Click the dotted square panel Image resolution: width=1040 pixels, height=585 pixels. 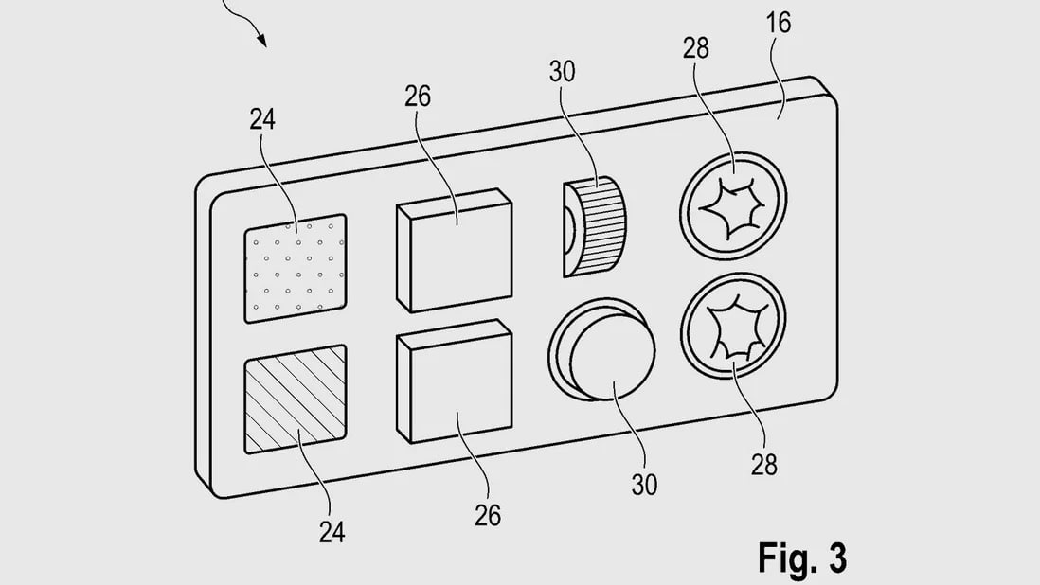(296, 268)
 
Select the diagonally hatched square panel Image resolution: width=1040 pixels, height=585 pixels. (296, 399)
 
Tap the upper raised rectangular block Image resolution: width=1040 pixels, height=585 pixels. (455, 251)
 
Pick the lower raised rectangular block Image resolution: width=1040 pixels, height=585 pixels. (455, 381)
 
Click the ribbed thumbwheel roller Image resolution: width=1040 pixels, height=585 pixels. (596, 226)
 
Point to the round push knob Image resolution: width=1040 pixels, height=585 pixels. (602, 350)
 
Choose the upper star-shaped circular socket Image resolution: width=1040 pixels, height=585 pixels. (733, 204)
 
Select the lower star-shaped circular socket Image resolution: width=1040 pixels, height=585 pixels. (733, 326)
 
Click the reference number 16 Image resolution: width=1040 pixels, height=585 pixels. (778, 23)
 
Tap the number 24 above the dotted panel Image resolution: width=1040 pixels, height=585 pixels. (262, 119)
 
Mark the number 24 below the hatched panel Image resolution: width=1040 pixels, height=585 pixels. (332, 531)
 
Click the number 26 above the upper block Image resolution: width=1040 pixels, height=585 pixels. (417, 97)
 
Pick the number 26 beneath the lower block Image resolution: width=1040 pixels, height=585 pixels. (488, 515)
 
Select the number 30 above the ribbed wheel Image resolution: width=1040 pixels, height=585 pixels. (562, 72)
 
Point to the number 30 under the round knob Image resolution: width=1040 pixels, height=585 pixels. (644, 485)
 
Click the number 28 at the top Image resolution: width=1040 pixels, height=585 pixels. (696, 48)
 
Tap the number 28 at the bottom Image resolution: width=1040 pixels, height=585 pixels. (764, 465)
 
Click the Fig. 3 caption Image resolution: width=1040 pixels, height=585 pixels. (802, 558)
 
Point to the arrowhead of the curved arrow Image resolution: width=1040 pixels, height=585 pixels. (262, 41)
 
